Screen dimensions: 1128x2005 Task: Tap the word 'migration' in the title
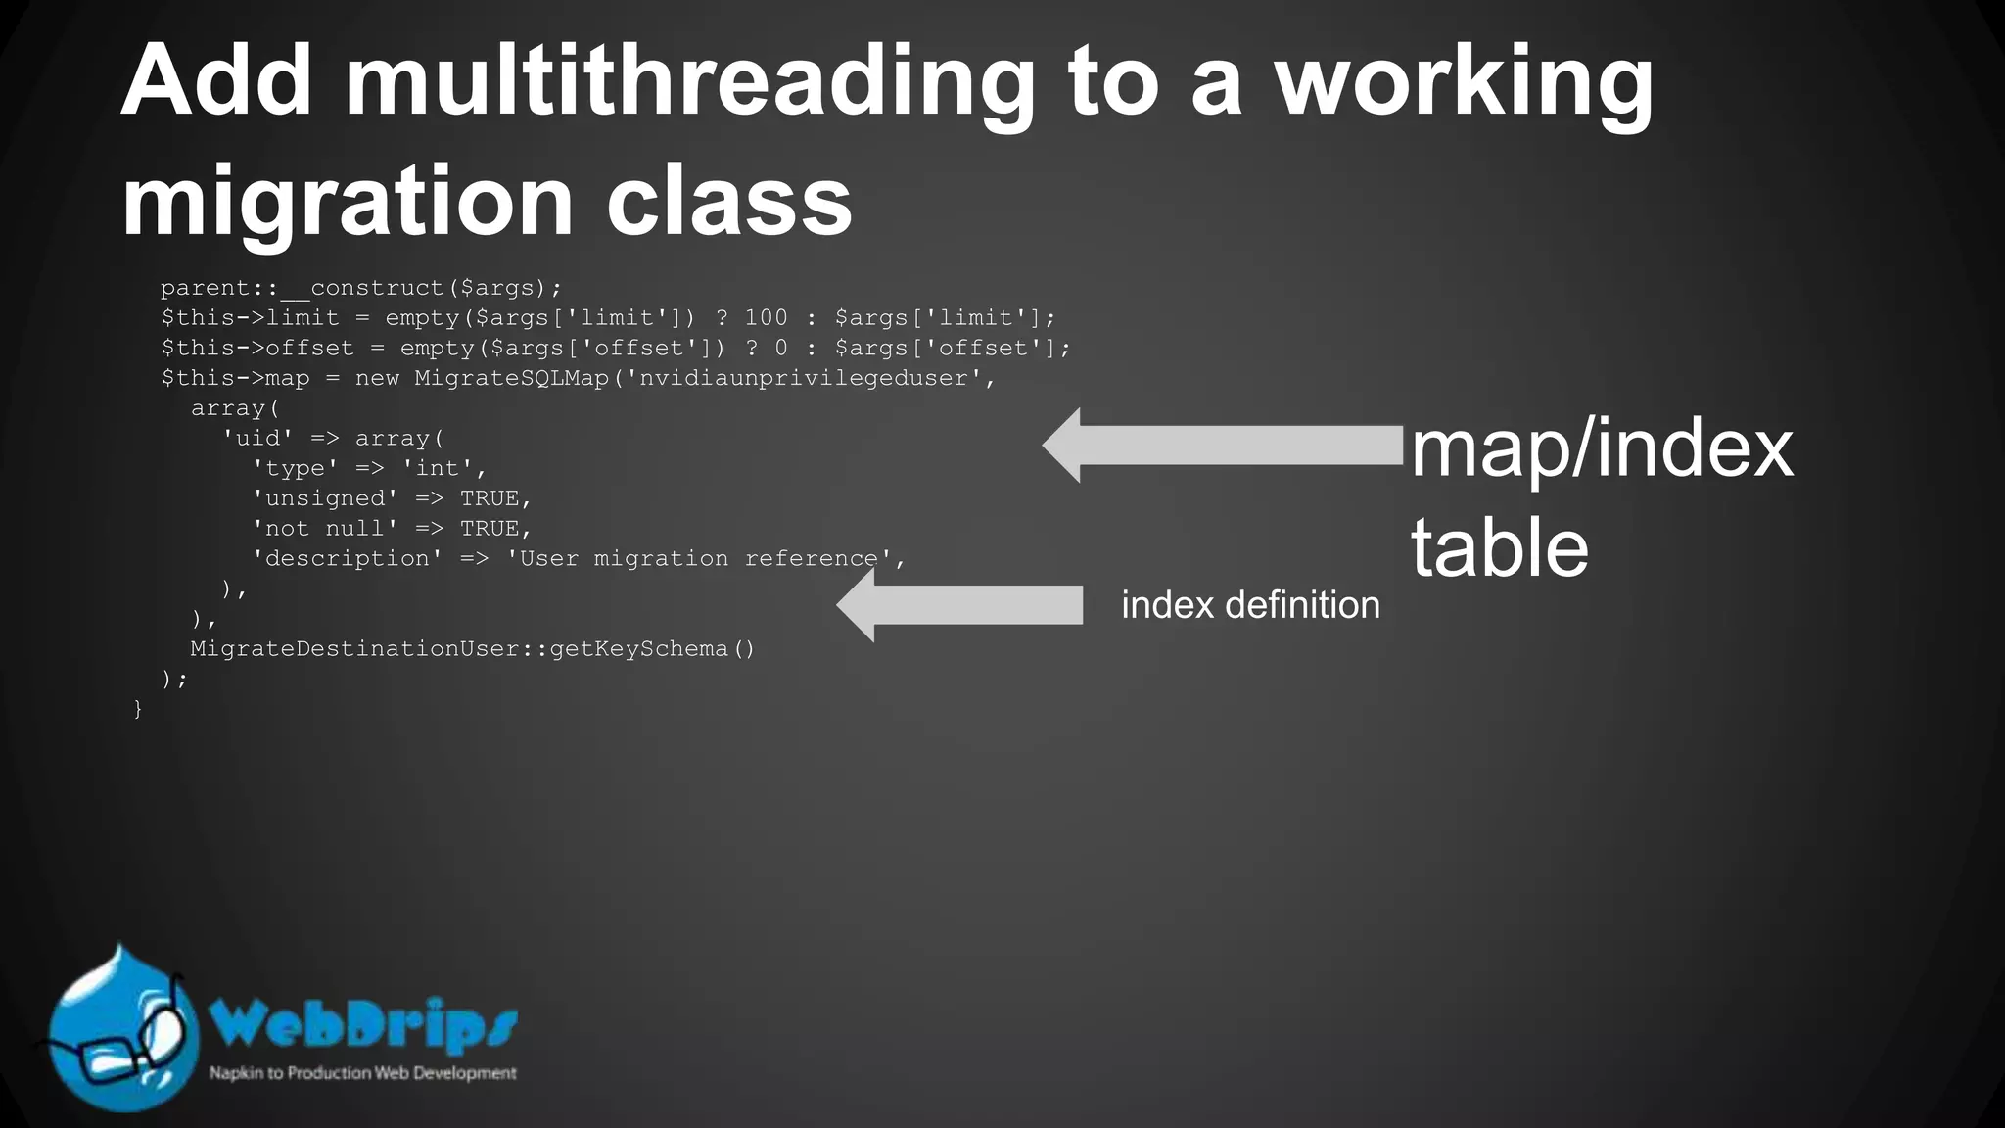point(347,201)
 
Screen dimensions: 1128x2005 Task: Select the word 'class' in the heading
point(728,201)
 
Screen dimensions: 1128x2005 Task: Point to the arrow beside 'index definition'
point(959,605)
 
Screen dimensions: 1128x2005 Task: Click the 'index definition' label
point(1250,605)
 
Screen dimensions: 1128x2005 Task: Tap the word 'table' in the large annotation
point(1499,548)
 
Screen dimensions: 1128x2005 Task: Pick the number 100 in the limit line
point(766,318)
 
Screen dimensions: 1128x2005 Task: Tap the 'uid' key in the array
point(257,438)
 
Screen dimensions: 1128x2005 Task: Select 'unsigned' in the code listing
point(325,498)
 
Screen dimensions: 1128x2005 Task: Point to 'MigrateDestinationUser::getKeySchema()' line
point(472,648)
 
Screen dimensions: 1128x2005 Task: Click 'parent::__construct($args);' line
point(361,288)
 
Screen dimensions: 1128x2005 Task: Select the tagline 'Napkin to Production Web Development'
point(362,1073)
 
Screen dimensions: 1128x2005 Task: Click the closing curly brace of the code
point(138,708)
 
